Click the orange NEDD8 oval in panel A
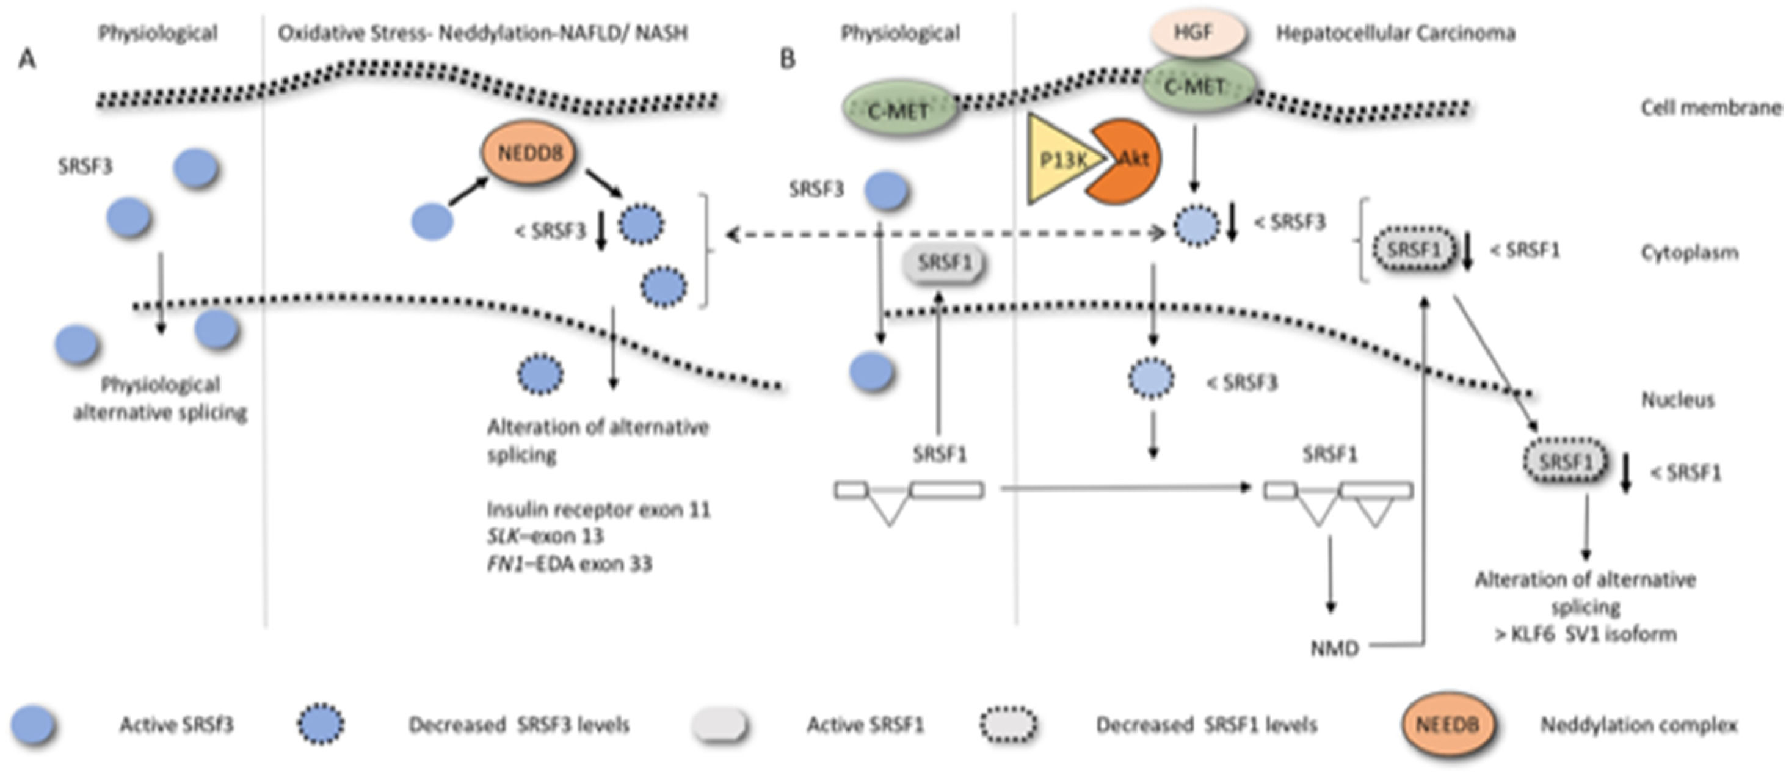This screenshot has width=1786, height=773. [x=530, y=153]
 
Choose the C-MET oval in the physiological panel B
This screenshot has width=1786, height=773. [x=899, y=109]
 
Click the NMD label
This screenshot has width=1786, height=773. [x=1334, y=648]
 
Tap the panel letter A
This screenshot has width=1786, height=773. [x=26, y=60]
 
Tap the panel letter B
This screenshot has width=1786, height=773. [x=788, y=60]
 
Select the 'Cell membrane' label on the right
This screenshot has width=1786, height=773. [x=1711, y=107]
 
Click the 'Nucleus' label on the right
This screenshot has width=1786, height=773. [x=1678, y=400]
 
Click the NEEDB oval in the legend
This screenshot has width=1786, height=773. [x=1448, y=725]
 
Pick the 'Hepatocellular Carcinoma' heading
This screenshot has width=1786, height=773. [x=1396, y=34]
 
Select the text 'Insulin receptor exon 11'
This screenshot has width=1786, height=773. [x=599, y=510]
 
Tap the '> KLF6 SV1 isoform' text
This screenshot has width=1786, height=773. [x=1586, y=634]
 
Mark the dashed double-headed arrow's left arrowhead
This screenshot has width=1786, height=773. [x=730, y=235]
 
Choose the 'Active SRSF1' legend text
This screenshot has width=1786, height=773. [x=865, y=725]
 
